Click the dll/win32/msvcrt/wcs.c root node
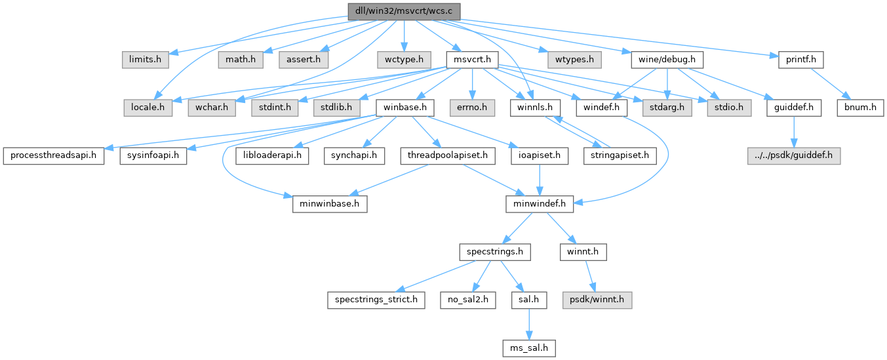pos(404,12)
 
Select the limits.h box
pos(145,60)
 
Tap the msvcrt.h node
pos(471,60)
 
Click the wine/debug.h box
pos(667,60)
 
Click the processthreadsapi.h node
pos(53,155)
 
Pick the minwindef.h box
pos(540,204)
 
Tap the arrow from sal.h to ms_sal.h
pos(529,323)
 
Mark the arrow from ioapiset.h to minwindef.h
pos(540,180)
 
